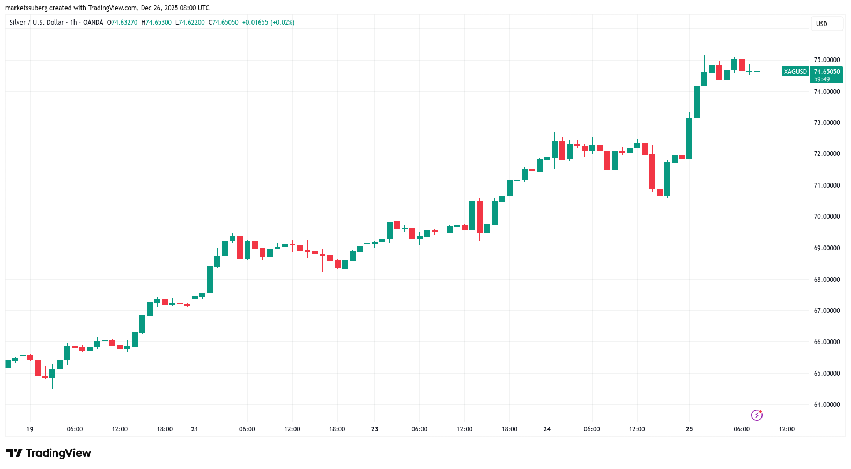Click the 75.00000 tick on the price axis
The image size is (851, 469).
[826, 60]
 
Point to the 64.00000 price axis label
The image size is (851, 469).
[826, 405]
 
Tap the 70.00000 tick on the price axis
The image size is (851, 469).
[826, 217]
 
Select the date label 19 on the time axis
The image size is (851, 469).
[30, 429]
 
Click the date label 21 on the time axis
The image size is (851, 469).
[195, 429]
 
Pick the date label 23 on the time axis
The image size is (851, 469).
[374, 429]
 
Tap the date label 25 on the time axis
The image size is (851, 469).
[689, 429]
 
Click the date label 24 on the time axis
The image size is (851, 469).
[547, 429]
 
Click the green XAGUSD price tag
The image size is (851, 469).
[795, 72]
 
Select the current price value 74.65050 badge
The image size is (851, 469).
[826, 72]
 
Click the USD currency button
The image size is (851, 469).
[822, 24]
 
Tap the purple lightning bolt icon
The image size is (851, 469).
[757, 415]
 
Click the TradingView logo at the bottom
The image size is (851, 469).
[49, 453]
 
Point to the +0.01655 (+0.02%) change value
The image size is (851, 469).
[268, 23]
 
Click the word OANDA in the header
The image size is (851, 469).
[93, 23]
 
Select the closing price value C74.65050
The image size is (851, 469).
[224, 23]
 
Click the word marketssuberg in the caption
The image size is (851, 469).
[26, 8]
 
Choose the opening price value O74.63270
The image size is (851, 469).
[122, 23]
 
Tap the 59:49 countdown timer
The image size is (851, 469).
[822, 79]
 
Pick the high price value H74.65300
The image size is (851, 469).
[157, 23]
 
